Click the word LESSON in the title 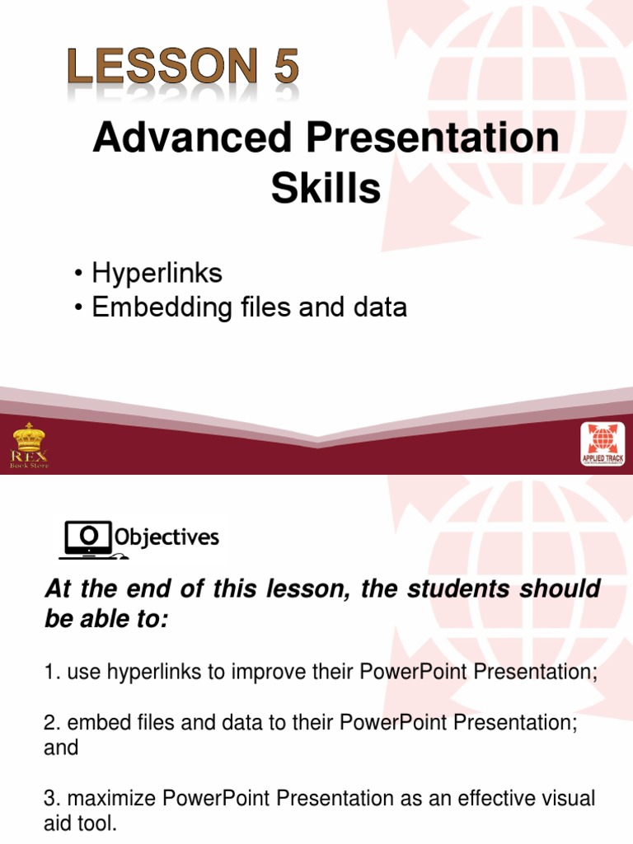pyautogui.click(x=160, y=68)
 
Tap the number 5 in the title pyautogui.click(x=286, y=68)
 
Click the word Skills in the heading pyautogui.click(x=326, y=189)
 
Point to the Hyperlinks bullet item pyautogui.click(x=157, y=273)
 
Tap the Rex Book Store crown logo pyautogui.click(x=30, y=446)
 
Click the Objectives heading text pyautogui.click(x=166, y=538)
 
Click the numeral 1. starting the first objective pyautogui.click(x=51, y=673)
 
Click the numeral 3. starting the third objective pyautogui.click(x=51, y=799)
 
